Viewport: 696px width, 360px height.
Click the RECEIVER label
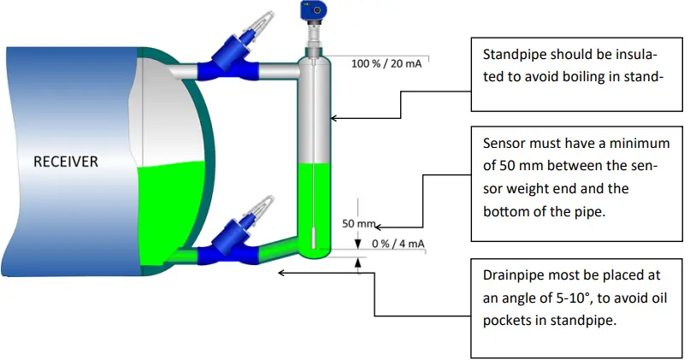pos(66,161)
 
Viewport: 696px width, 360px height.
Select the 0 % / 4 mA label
pos(398,244)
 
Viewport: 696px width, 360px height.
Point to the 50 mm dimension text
pos(358,224)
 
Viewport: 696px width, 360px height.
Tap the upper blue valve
pos(232,59)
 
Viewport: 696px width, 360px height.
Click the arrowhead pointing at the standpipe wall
pos(334,118)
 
